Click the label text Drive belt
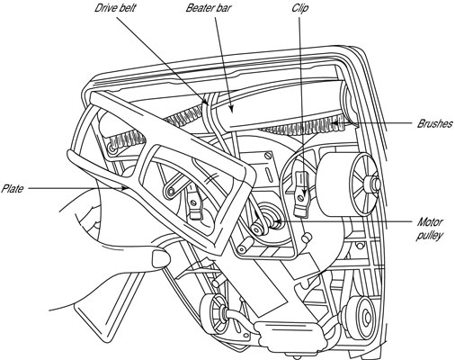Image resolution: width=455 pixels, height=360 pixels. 115,7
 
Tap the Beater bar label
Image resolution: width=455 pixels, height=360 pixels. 209,7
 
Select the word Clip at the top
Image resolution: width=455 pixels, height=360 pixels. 300,8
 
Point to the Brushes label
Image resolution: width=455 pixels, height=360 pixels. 434,123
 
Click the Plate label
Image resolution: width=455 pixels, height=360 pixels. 12,189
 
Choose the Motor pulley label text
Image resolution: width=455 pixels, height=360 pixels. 430,229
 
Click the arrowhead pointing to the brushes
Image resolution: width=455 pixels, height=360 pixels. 335,122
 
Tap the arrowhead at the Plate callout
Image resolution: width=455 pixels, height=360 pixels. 123,188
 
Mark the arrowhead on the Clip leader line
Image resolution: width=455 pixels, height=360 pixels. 304,193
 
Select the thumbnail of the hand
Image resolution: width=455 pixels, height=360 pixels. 160,258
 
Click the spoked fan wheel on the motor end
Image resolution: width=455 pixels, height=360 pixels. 363,184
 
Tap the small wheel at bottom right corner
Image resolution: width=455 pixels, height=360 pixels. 364,316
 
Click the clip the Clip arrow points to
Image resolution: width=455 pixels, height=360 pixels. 302,193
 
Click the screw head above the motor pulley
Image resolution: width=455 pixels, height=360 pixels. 269,156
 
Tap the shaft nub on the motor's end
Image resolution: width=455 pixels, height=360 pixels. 374,184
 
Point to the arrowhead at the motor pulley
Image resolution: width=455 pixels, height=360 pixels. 277,221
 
